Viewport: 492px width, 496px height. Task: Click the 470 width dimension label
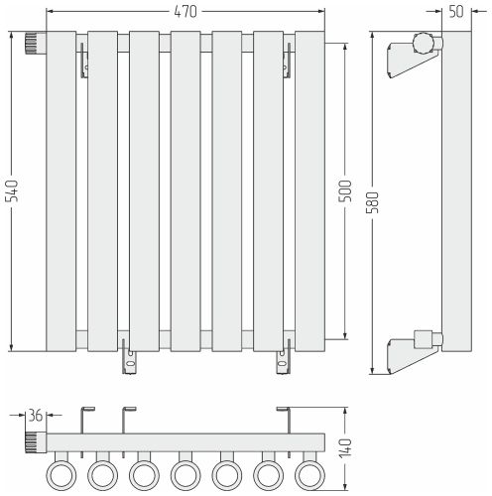coord(185,12)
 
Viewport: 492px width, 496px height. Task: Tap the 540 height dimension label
coord(13,191)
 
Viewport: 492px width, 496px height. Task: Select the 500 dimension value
coord(345,191)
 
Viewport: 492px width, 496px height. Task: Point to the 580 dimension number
coord(373,202)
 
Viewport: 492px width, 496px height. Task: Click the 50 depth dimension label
coord(456,12)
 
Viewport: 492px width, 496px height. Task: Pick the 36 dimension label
coord(36,416)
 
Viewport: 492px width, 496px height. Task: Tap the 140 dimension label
coord(345,448)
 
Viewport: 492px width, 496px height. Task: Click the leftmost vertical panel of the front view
coord(61,191)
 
